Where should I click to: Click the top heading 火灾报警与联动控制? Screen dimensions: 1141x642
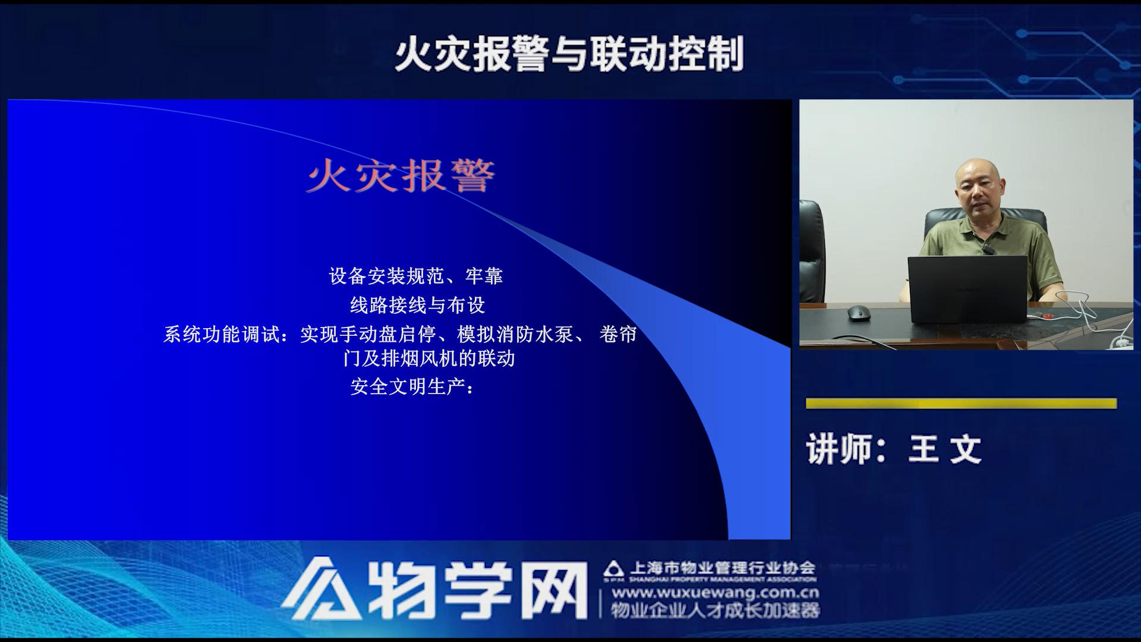tap(569, 54)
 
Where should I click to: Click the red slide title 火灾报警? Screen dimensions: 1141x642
tap(400, 176)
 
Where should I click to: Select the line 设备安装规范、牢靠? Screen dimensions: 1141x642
tap(416, 276)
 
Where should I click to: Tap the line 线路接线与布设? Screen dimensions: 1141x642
tap(417, 305)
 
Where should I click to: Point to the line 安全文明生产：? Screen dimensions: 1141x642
tap(412, 387)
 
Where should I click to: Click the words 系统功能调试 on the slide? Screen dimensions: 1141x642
tap(222, 334)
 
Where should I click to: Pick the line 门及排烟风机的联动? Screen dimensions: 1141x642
tap(428, 358)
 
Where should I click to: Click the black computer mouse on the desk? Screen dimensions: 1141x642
tap(858, 313)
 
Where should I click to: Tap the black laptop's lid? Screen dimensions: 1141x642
tap(967, 289)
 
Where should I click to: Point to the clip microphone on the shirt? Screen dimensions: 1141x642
tap(987, 248)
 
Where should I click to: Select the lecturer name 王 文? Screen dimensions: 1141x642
tap(945, 449)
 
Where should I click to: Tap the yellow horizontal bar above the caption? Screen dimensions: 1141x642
tap(961, 404)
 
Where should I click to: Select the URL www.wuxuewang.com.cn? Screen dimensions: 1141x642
tap(716, 593)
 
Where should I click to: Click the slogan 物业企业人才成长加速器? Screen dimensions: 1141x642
tap(716, 610)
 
